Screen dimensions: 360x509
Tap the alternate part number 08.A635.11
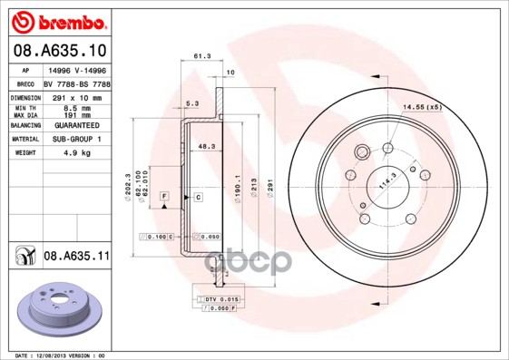(x=75, y=257)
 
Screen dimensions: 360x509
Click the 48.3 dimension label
(x=206, y=145)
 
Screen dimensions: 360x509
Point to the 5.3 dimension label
(x=192, y=102)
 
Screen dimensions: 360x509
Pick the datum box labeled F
(x=164, y=196)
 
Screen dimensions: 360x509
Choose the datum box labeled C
(x=197, y=196)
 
